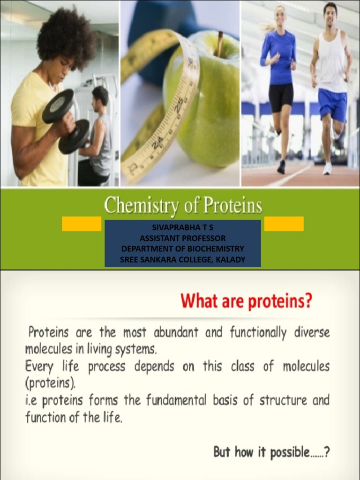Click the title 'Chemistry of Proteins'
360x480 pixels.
pyautogui.click(x=183, y=206)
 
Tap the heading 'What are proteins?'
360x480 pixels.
pyautogui.click(x=246, y=301)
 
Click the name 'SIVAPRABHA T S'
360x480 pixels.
pyautogui.click(x=182, y=227)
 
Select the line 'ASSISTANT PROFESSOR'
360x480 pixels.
pyautogui.click(x=182, y=238)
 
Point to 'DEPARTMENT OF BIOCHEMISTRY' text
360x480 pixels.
pyautogui.click(x=182, y=248)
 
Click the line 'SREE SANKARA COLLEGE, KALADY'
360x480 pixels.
pyautogui.click(x=182, y=259)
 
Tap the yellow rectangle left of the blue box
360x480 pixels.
pyautogui.click(x=82, y=224)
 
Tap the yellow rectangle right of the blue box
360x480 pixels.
pyautogui.click(x=284, y=224)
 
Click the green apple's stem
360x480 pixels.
pyautogui.click(x=219, y=44)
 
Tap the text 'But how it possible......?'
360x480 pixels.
pyautogui.click(x=271, y=452)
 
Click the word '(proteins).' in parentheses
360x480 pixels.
pyautogui.click(x=50, y=383)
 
